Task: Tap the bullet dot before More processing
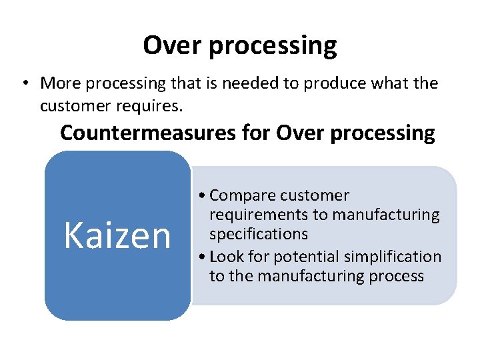pos(23,83)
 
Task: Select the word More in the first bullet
pos(59,83)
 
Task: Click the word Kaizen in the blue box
pos(117,235)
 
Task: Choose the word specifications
pos(259,235)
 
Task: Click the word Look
pos(225,257)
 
